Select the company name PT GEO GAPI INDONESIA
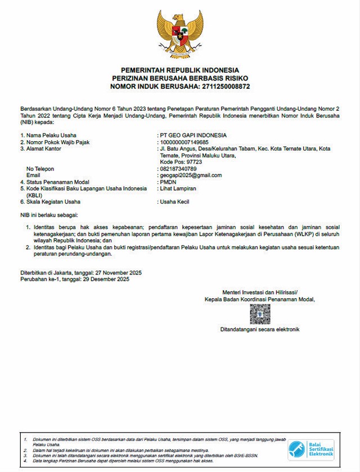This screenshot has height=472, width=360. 193,136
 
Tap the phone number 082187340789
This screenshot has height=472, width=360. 178,169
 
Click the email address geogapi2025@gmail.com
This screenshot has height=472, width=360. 191,175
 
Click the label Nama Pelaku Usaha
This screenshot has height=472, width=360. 51,136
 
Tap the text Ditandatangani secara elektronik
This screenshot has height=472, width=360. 260,329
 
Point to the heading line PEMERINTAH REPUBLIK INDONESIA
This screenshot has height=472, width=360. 180,69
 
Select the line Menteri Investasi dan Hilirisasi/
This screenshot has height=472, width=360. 260,293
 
